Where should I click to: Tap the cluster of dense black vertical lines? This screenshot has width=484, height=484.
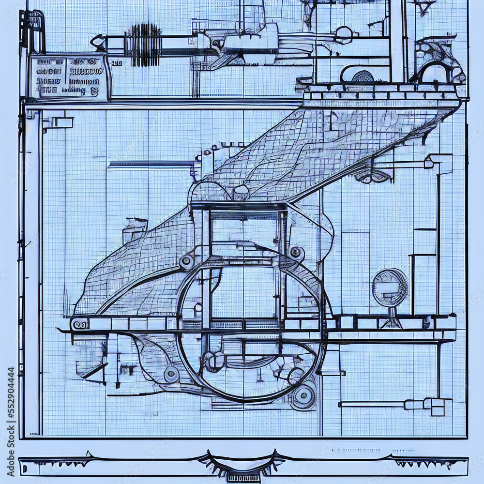tap(143, 45)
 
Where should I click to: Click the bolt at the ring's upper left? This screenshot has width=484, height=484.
tap(186, 262)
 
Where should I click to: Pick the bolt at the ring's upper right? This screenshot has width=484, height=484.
tap(295, 252)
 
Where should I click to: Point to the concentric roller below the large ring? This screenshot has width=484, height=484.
tap(303, 396)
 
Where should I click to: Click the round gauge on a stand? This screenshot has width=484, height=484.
tap(390, 287)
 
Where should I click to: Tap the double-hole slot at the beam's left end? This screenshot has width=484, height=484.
tap(80, 324)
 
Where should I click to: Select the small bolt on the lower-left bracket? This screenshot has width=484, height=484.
tap(171, 374)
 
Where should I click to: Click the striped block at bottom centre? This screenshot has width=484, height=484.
tap(243, 477)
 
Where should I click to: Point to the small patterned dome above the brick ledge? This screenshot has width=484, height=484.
tap(363, 76)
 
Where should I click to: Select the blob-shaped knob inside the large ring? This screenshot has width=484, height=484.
tap(214, 361)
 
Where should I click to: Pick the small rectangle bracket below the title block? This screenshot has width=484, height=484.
tap(57, 121)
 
